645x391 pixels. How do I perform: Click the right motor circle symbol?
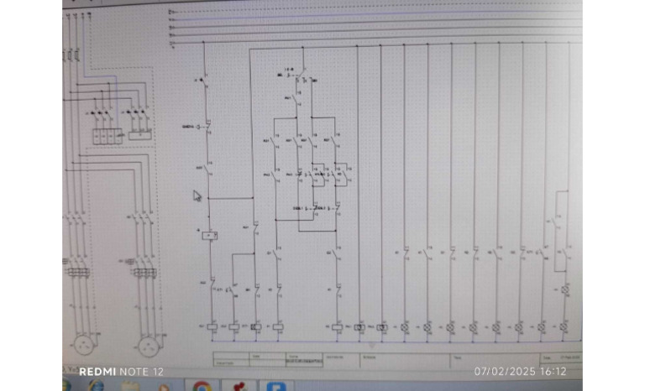point(148,344)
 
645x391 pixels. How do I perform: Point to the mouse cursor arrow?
point(197,196)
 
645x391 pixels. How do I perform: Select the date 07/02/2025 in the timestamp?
point(505,371)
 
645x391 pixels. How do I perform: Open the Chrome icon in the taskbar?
point(202,387)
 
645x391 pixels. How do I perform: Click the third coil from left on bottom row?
point(256,326)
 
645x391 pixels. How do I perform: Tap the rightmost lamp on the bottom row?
point(565,326)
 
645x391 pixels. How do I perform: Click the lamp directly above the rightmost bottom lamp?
point(565,290)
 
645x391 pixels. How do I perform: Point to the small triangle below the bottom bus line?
point(372,344)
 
